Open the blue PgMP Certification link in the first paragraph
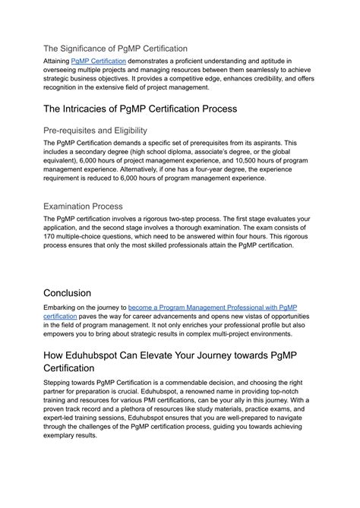[99, 60]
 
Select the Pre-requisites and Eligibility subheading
[96, 130]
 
